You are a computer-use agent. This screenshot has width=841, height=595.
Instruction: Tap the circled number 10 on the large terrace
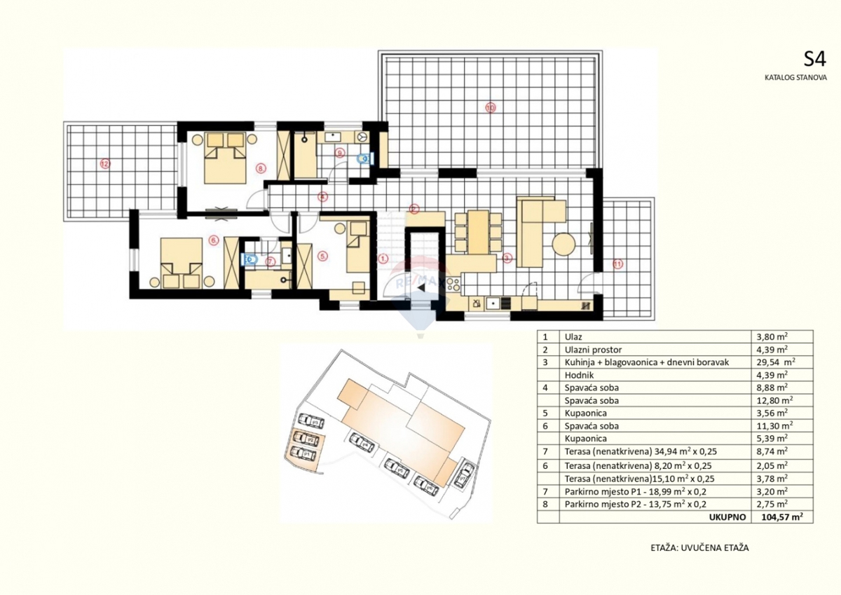(x=490, y=107)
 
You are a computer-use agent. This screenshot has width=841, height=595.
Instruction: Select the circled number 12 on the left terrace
(x=105, y=164)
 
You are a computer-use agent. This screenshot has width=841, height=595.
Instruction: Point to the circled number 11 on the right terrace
(x=617, y=264)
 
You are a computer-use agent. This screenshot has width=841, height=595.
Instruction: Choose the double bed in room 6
(x=180, y=264)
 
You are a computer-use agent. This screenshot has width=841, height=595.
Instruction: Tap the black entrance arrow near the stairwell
(x=421, y=287)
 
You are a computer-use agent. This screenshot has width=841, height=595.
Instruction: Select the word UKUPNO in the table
(x=726, y=517)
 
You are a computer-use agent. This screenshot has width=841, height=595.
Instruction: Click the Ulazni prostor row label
(x=593, y=349)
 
